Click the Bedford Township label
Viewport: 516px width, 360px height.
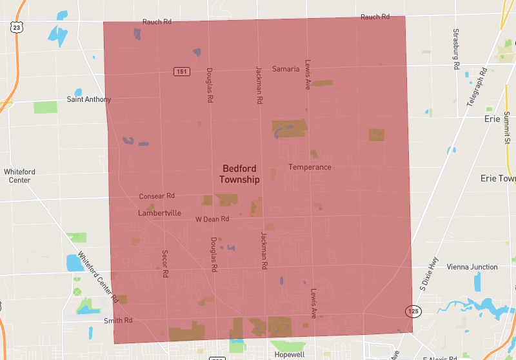click(x=239, y=174)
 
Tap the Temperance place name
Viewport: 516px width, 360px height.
click(x=310, y=167)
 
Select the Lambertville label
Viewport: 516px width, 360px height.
click(x=159, y=213)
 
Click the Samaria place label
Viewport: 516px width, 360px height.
click(x=286, y=69)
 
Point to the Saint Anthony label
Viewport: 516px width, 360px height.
click(x=89, y=99)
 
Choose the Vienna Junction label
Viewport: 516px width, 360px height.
click(x=472, y=266)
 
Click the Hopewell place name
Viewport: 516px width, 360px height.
click(x=290, y=355)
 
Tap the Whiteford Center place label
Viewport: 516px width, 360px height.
click(x=19, y=175)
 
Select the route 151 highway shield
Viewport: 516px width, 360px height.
click(x=181, y=71)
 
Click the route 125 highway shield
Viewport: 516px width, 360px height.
click(x=413, y=312)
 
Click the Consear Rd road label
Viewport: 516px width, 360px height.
click(x=157, y=195)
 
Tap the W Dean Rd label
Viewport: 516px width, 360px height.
click(x=212, y=219)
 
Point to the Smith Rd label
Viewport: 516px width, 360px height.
click(x=118, y=320)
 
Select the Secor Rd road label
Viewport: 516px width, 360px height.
click(x=165, y=264)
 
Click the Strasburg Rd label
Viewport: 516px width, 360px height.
click(x=455, y=49)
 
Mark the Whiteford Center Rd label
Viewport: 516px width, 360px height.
click(x=97, y=277)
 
